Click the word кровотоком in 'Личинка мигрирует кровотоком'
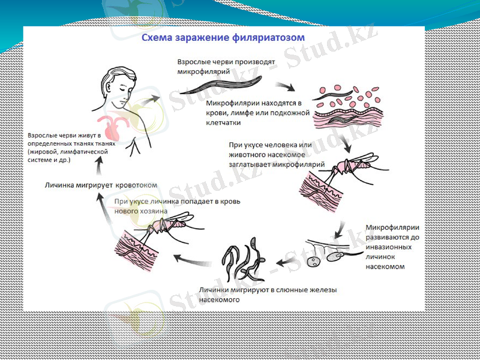point(137,185)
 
